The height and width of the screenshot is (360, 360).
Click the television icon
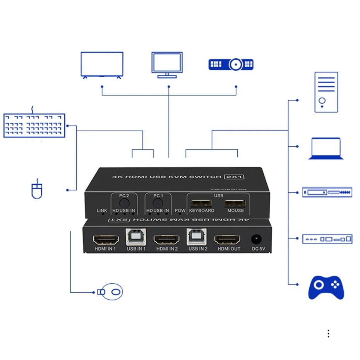coord(102,65)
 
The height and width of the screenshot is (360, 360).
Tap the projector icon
coord(231,64)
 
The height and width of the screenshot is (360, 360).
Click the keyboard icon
coord(34,125)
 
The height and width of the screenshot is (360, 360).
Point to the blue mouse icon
coord(37,190)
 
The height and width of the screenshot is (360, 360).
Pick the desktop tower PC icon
coord(326,92)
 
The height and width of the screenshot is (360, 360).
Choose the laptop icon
coord(326,149)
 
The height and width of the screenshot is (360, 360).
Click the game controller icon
coord(326,287)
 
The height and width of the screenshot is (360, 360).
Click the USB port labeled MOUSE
coord(235,203)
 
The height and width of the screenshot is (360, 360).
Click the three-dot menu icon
coord(328,334)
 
